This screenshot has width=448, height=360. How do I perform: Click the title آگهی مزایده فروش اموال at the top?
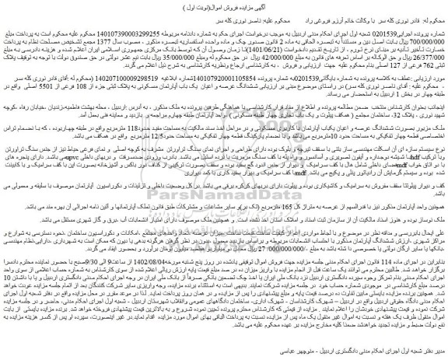click(x=223, y=5)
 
